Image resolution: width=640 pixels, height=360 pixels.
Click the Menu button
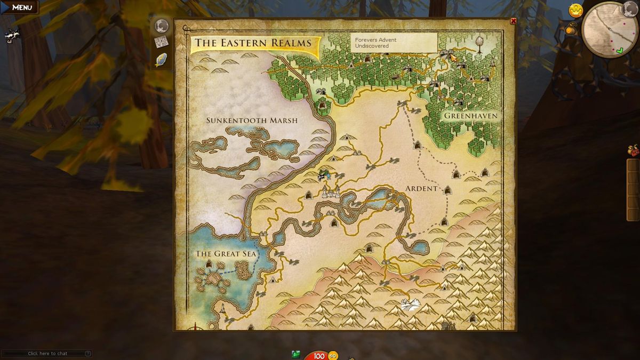point(20,7)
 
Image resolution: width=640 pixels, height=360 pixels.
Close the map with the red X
point(513,21)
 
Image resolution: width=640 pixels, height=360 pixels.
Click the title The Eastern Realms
point(253,43)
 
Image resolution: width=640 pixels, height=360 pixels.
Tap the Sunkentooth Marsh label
point(252,121)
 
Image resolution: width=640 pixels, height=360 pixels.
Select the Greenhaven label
point(471,116)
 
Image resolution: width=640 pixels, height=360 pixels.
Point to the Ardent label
point(421,189)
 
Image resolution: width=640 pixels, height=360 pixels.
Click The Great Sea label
point(226,254)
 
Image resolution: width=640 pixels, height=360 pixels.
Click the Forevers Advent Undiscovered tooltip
point(394,43)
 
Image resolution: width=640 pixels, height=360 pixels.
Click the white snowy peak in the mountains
point(410,305)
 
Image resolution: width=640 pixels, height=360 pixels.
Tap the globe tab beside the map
point(161,26)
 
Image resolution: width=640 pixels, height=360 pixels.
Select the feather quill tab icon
point(161,60)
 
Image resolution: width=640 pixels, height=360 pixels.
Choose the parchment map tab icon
point(161,43)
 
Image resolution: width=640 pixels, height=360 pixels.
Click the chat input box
point(47,354)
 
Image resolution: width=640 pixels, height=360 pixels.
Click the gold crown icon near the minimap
point(575,10)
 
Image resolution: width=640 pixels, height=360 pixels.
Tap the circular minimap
point(608,29)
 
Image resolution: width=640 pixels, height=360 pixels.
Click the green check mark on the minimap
point(619,51)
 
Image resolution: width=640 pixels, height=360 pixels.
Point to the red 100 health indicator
point(319,356)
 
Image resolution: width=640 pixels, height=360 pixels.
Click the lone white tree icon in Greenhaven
point(479,43)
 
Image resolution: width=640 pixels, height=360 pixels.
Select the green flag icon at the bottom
point(296,354)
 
